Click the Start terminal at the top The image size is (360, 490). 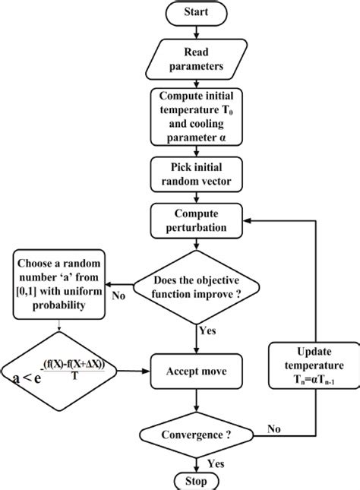coord(197,12)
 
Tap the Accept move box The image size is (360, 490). coord(197,372)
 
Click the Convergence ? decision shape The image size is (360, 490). coord(197,435)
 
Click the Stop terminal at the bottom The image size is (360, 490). coord(197,481)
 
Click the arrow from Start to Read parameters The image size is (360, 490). coord(197,32)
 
